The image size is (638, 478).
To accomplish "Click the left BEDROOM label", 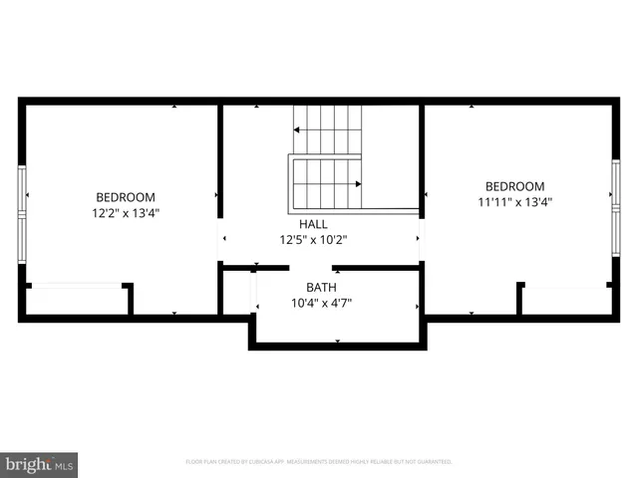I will pos(126,197).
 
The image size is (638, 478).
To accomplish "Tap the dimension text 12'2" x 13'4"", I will pos(126,212).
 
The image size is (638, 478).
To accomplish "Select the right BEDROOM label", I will pos(514,186).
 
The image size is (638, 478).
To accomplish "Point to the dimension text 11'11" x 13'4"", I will pos(514,201).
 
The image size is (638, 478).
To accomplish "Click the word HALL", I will pos(313,224).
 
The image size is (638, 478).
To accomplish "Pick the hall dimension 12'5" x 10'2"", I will pos(313,239).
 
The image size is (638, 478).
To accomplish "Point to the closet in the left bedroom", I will pos(77,300).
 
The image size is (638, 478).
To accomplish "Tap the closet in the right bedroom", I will pos(564,300).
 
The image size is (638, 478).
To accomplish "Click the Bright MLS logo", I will pos(40,463).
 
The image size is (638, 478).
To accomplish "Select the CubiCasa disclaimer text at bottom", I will pos(319,462).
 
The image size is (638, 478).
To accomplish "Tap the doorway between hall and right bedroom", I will pos(422,239).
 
